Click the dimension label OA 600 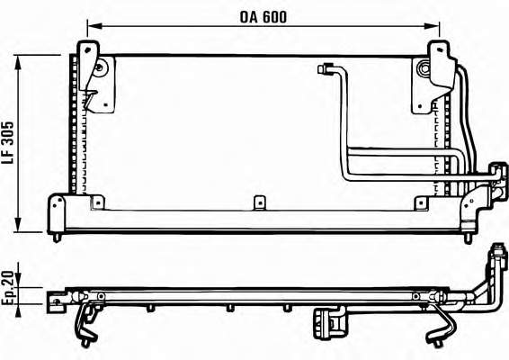(263, 17)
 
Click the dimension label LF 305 (8, 142)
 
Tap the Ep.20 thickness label (8, 288)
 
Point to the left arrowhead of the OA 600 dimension (94, 26)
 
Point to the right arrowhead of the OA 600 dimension (432, 26)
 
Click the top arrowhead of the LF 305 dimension (18, 62)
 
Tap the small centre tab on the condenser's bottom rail (259, 202)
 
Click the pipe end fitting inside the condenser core (325, 69)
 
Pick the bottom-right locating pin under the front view (468, 238)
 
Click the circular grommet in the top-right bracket (424, 68)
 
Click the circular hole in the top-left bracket (99, 67)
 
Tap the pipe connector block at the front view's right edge (498, 182)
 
